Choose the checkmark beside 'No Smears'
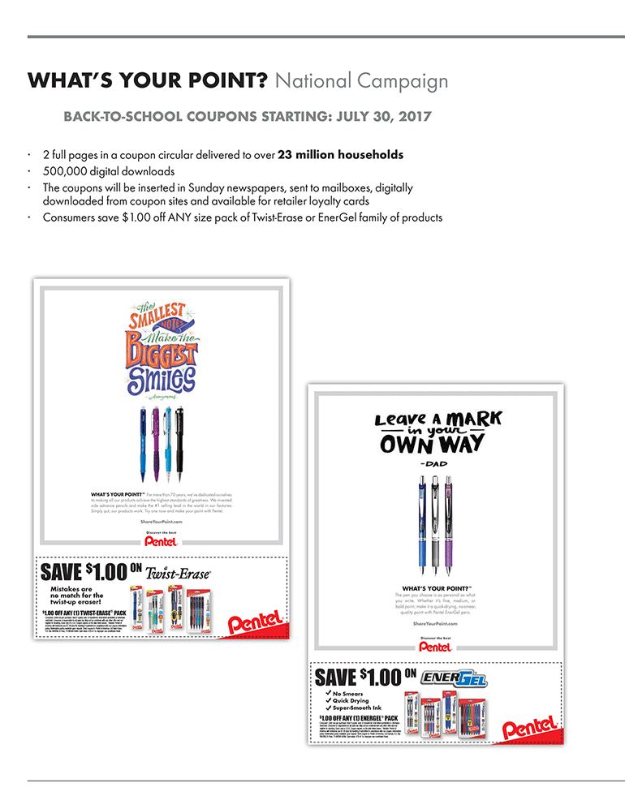click(327, 694)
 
